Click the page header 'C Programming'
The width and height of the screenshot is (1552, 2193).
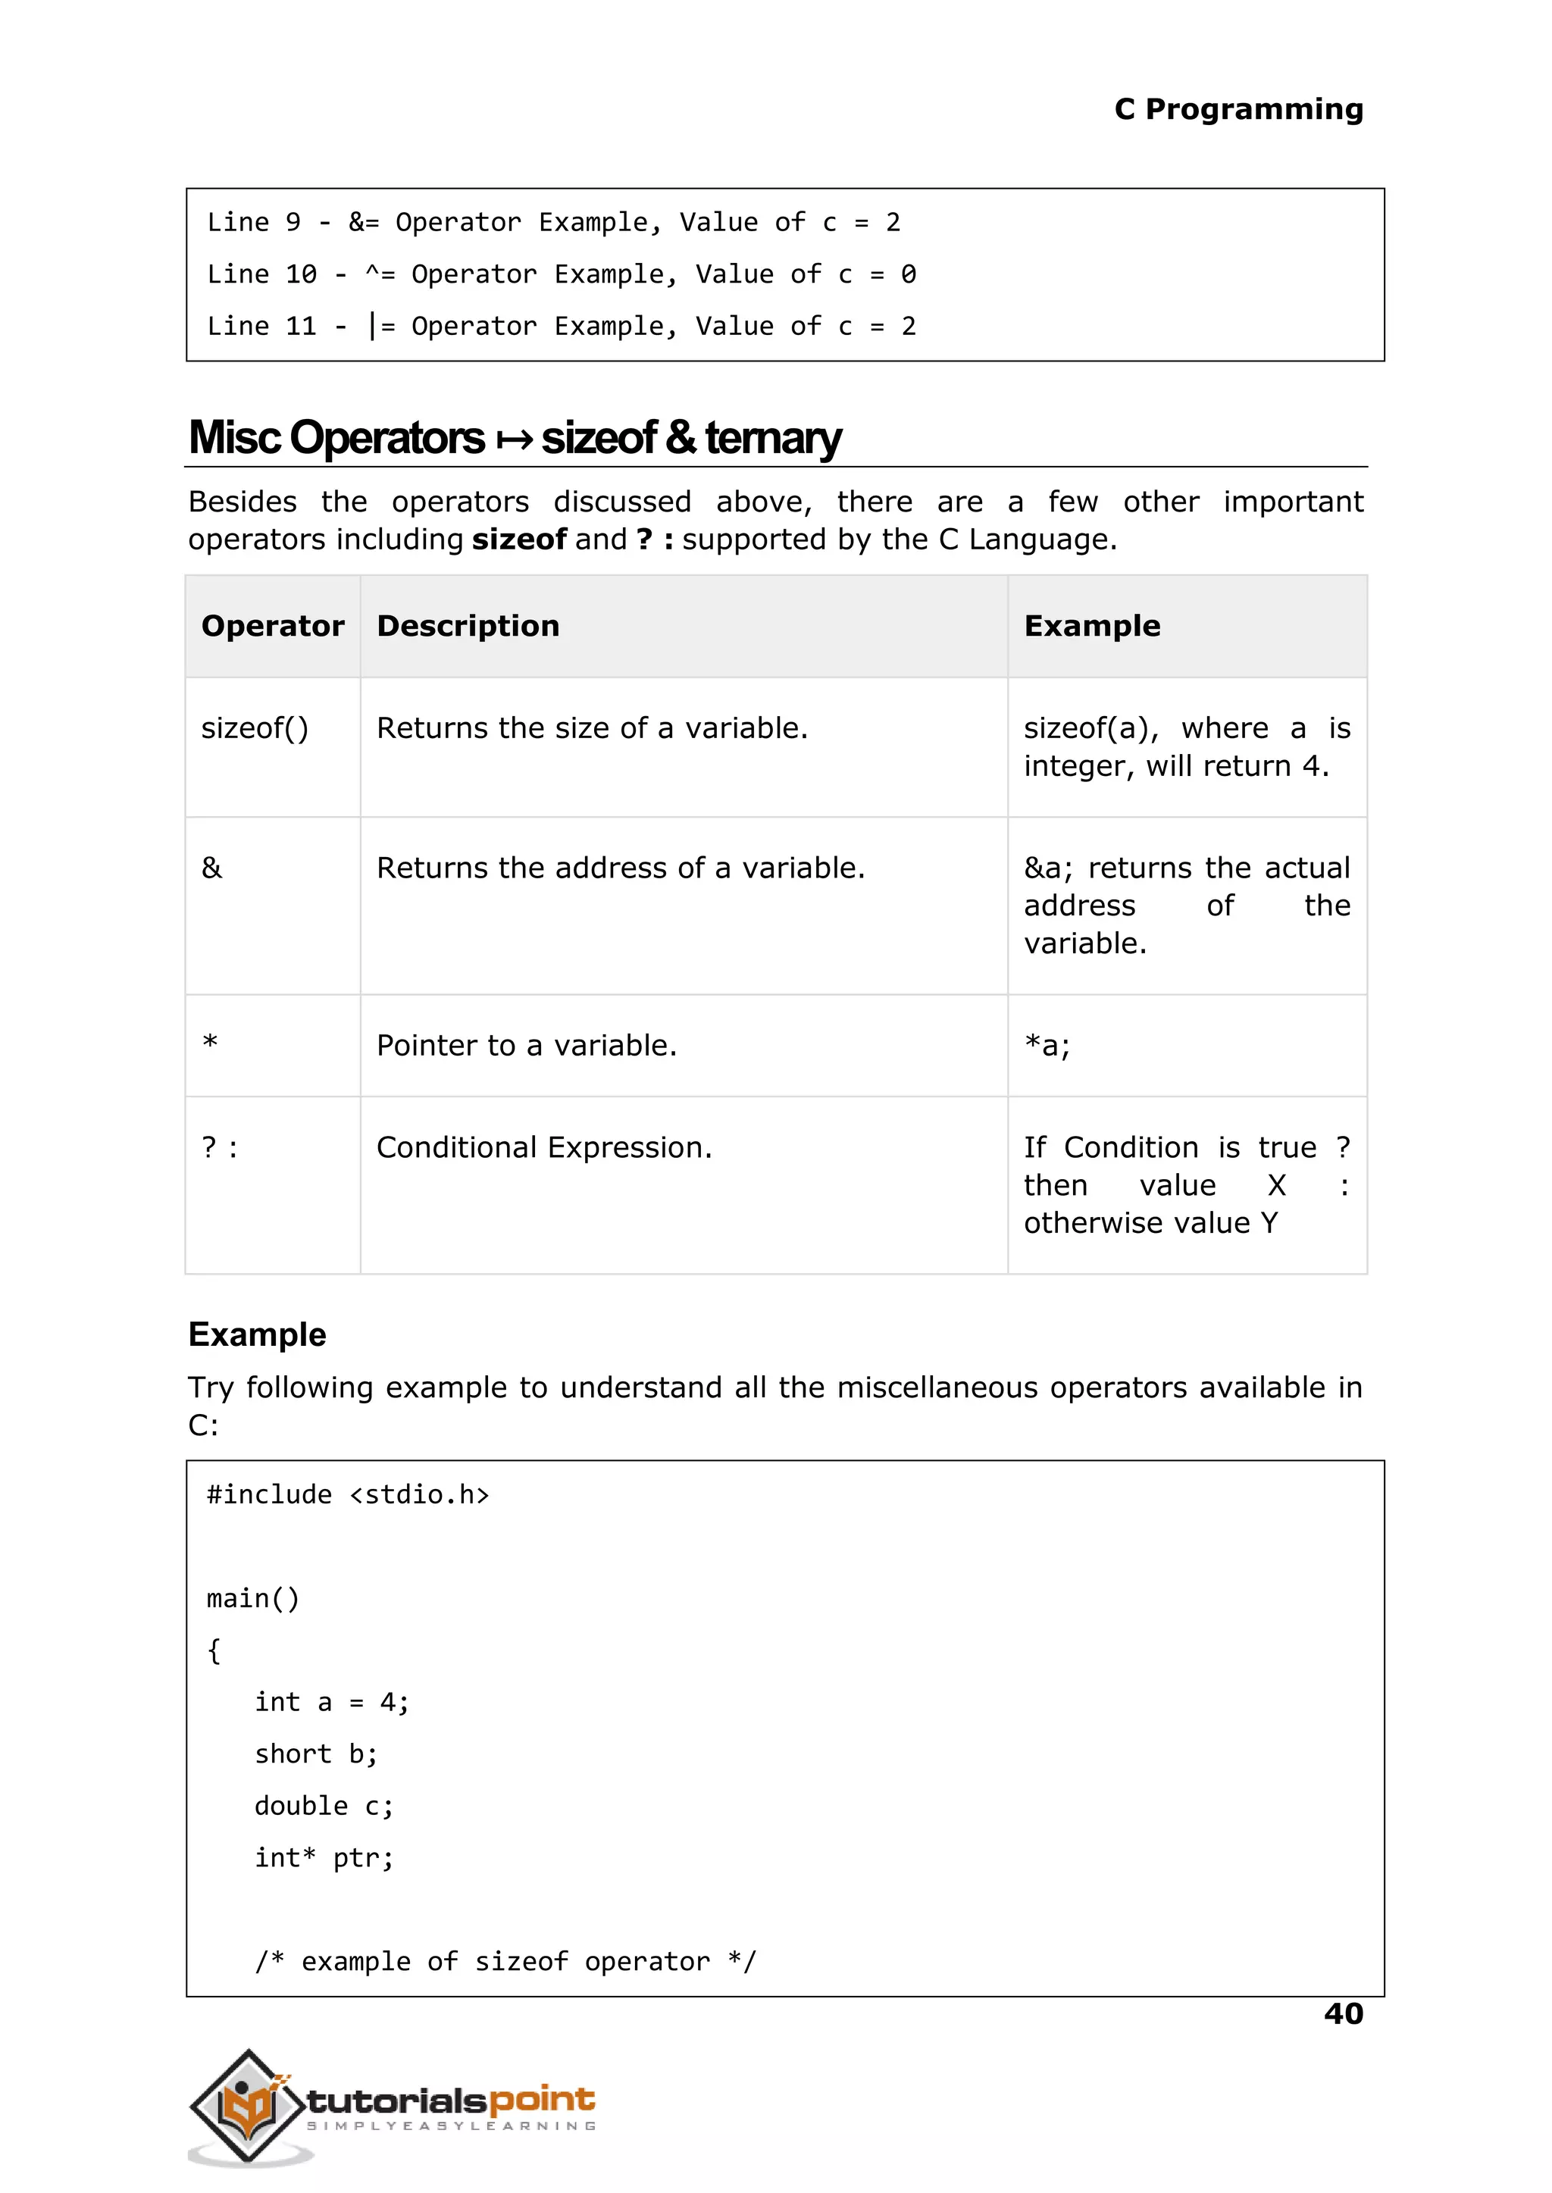click(x=1238, y=109)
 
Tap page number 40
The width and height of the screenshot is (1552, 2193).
click(x=1343, y=2013)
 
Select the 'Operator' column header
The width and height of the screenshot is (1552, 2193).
click(x=272, y=626)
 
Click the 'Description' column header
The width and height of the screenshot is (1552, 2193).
click(x=468, y=626)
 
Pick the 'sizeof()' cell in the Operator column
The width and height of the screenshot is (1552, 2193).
click(x=254, y=728)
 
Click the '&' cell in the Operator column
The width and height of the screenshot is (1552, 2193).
click(x=211, y=868)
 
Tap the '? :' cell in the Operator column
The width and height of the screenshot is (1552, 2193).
click(x=220, y=1147)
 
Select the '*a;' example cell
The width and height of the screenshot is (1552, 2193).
click(x=1047, y=1046)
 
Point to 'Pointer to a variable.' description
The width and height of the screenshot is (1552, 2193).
click(x=526, y=1046)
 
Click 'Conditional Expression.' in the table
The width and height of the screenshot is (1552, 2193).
click(x=544, y=1147)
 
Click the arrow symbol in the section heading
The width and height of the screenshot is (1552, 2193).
click(x=514, y=440)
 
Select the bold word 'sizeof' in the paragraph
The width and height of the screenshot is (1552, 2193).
click(x=519, y=539)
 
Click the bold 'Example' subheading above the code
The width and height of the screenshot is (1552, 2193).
click(x=257, y=1334)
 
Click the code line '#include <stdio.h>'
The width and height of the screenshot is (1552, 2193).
click(x=348, y=1494)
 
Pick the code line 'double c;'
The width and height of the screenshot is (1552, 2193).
click(x=323, y=1806)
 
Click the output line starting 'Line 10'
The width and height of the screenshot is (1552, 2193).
click(x=561, y=274)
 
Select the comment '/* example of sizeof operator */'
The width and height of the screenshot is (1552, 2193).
click(x=505, y=1961)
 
